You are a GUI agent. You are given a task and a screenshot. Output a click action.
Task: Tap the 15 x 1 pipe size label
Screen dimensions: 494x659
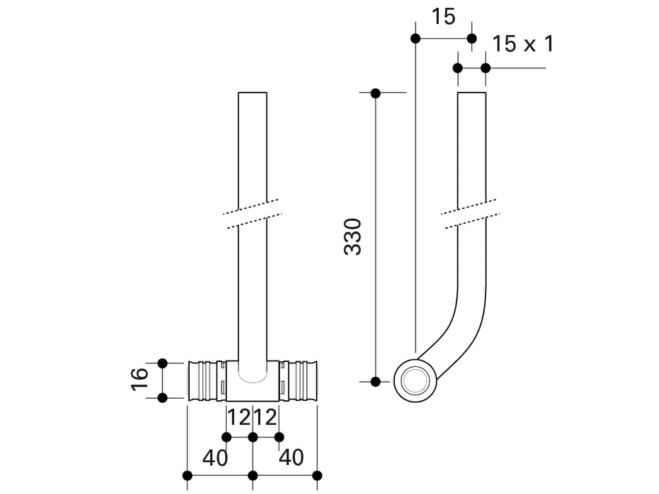(x=522, y=44)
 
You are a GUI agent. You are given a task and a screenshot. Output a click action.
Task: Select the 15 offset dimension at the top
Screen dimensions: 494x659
(x=444, y=17)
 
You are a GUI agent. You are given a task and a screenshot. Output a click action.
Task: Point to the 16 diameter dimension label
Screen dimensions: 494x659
(x=140, y=380)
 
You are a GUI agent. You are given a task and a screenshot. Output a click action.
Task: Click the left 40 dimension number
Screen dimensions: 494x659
(x=215, y=457)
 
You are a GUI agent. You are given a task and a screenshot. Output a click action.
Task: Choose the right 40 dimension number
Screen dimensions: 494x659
(x=291, y=457)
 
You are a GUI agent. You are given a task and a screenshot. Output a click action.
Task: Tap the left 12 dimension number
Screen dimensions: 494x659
(x=239, y=418)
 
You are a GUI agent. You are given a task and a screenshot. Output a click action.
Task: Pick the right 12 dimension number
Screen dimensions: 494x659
(x=266, y=418)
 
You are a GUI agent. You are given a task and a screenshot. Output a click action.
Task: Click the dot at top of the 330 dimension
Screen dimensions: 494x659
(x=375, y=92)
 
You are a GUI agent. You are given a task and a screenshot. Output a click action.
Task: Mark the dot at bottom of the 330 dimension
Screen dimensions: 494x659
(x=375, y=382)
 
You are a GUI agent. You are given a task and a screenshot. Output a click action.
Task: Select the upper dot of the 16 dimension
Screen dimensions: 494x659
(x=162, y=363)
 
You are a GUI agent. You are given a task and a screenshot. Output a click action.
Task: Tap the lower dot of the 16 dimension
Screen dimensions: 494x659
(x=162, y=398)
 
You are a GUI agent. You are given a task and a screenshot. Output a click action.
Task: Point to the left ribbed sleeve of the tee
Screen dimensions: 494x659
(x=205, y=380)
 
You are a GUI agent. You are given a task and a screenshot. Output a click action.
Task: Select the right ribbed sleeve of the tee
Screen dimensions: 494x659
(x=300, y=380)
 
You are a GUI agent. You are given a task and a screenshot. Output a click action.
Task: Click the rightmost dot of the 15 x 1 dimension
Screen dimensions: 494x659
(x=485, y=68)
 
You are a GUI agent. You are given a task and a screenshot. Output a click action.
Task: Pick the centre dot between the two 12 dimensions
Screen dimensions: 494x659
(x=253, y=438)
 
